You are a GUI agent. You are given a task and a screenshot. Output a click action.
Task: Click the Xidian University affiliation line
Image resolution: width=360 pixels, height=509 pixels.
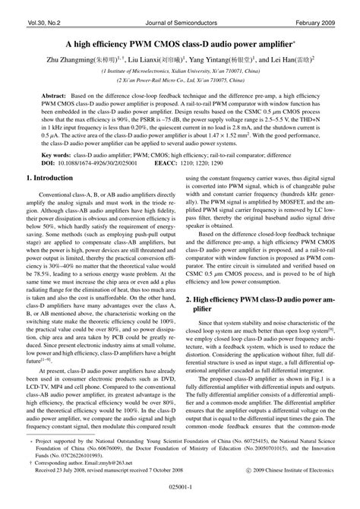point(180,69)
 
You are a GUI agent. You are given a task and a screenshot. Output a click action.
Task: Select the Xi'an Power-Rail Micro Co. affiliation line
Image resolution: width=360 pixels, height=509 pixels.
point(180,79)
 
